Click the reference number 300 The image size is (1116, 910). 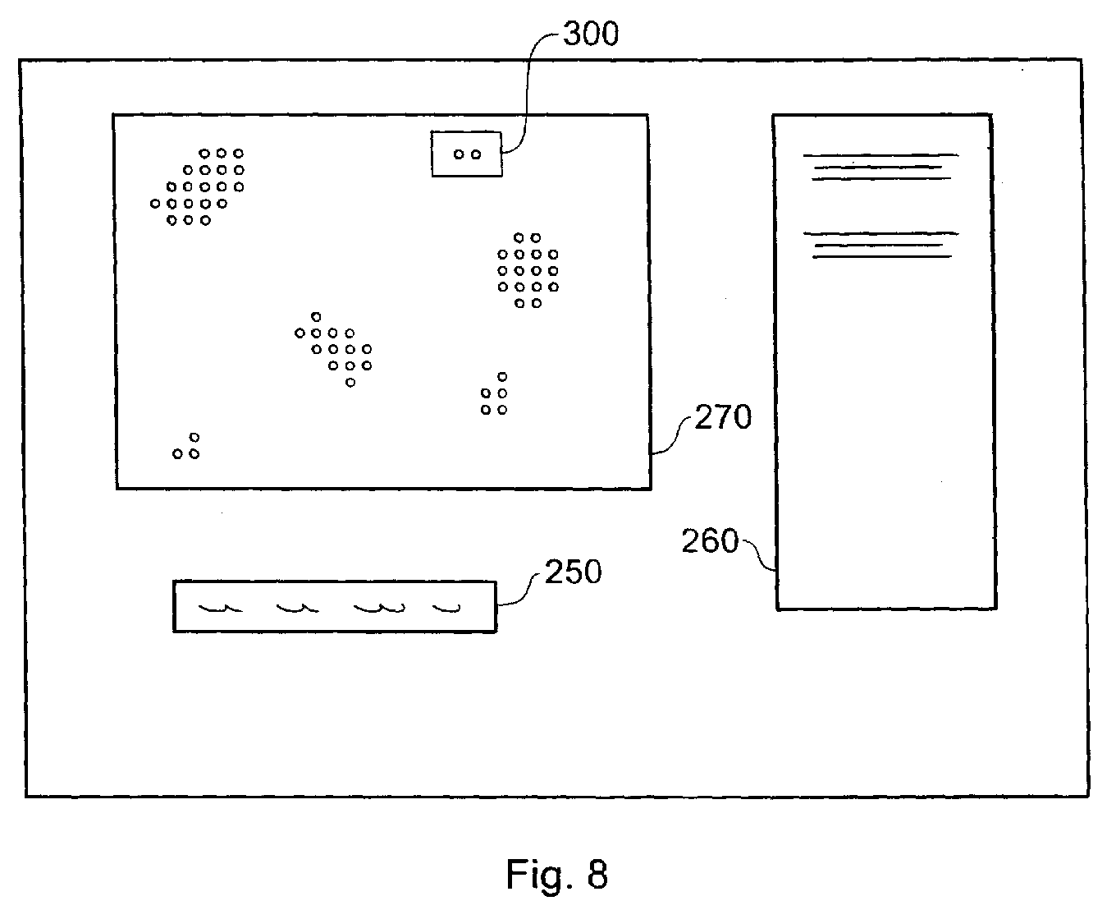pos(591,34)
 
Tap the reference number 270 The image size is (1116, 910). pos(723,417)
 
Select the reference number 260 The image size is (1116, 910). pos(710,541)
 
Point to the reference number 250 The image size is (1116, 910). pos(574,572)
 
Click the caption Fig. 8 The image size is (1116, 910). pos(556,874)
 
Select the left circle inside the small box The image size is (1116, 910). pos(459,154)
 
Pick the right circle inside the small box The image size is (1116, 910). pos(476,154)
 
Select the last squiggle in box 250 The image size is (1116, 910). pos(447,609)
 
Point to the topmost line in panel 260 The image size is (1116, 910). pos(880,155)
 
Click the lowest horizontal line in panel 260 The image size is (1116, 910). pos(882,257)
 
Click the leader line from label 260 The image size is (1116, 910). pos(759,553)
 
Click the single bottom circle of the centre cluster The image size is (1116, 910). pos(350,383)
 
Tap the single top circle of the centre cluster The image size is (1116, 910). pos(316,317)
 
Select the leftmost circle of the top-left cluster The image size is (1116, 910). pos(155,204)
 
